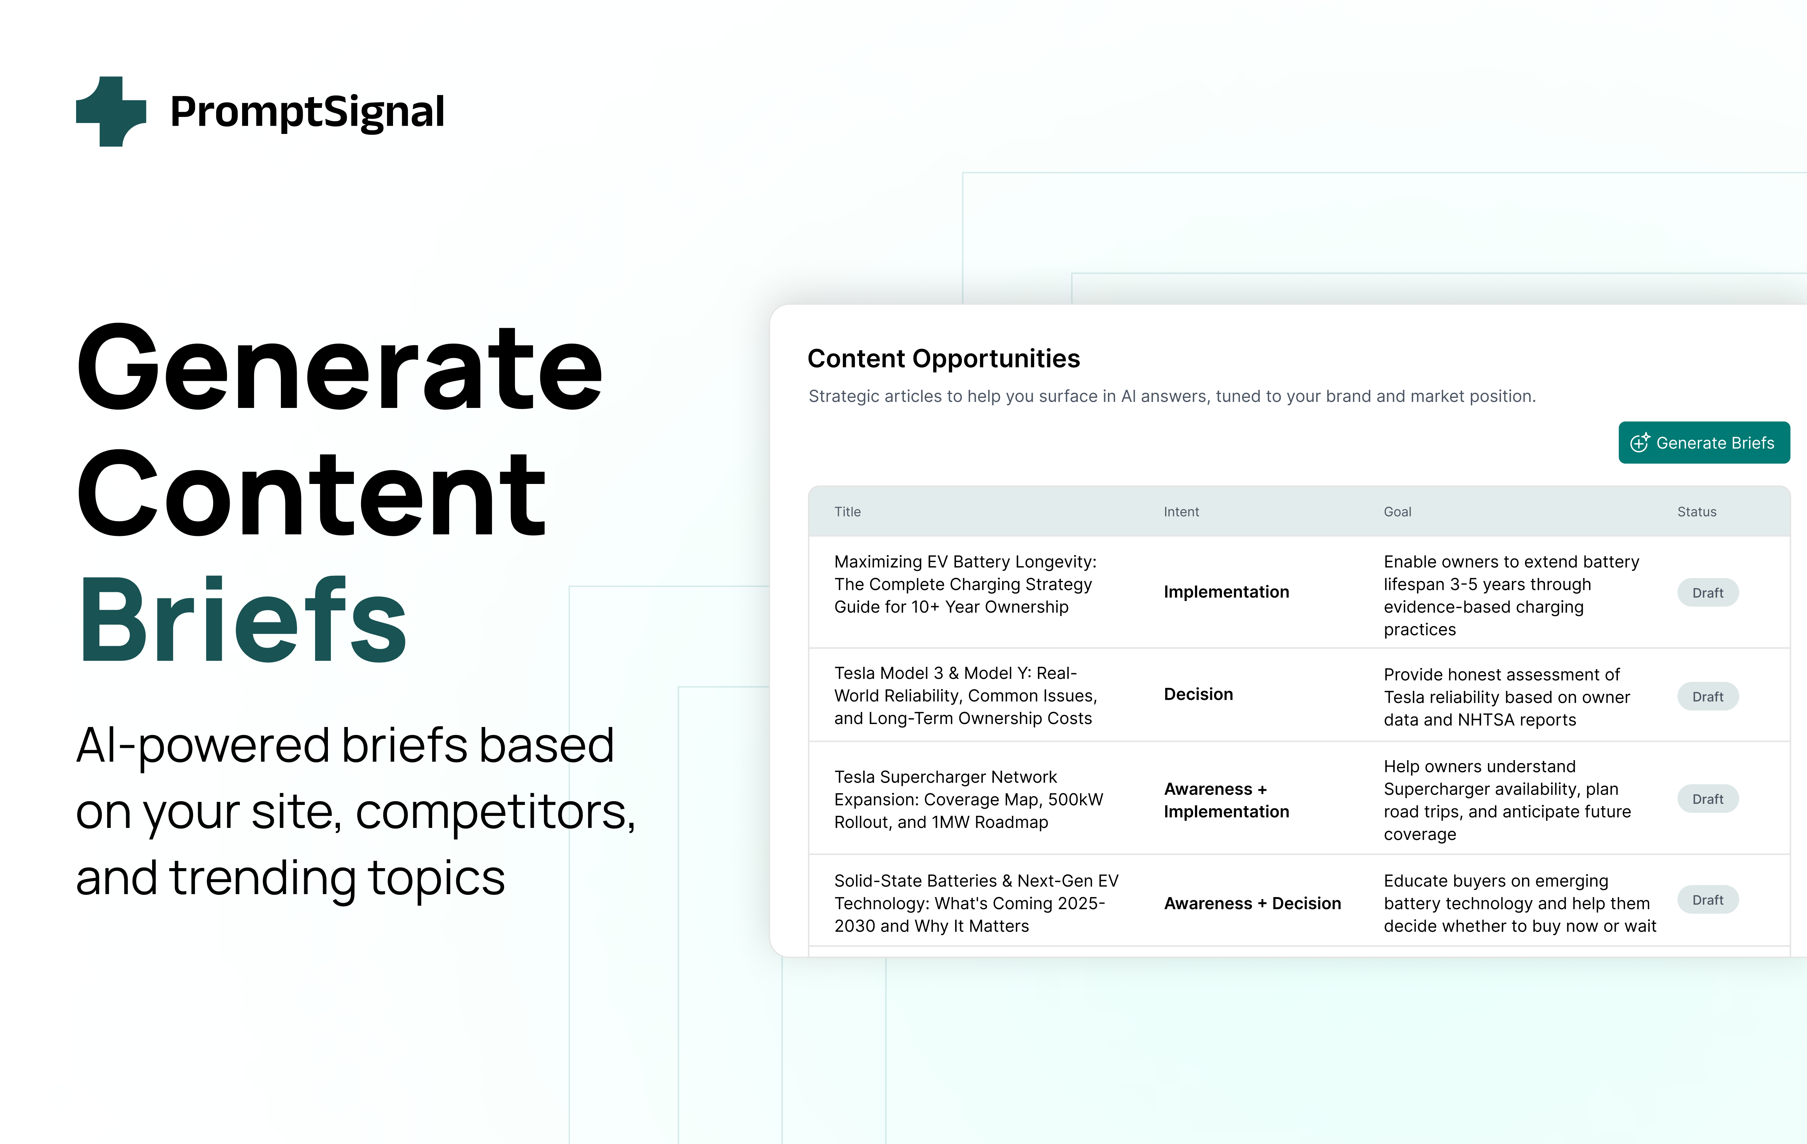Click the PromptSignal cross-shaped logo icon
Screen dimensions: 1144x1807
pos(111,111)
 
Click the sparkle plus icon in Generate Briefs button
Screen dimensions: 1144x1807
pos(1639,443)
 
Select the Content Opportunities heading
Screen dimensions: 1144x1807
pos(943,359)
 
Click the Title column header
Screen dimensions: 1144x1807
pos(847,512)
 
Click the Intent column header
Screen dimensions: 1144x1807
pos(1181,512)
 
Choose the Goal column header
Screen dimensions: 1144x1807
pos(1397,512)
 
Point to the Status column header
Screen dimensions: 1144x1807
pos(1697,512)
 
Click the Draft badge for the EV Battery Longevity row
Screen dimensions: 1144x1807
pos(1707,593)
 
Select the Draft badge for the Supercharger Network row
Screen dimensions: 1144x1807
pos(1707,799)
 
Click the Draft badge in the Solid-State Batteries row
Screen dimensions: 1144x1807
pos(1707,899)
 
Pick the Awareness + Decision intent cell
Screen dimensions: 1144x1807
pos(1252,903)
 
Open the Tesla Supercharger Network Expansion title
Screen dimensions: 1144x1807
pos(968,799)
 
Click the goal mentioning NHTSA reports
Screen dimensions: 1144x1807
pos(1506,697)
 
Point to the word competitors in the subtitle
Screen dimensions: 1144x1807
pos(495,812)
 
